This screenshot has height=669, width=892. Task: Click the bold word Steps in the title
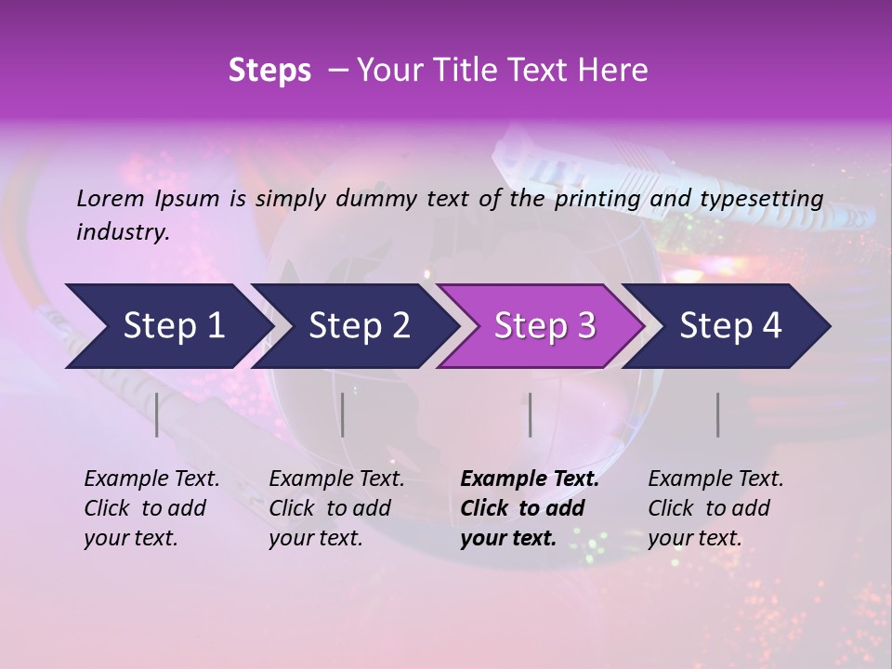pyautogui.click(x=269, y=71)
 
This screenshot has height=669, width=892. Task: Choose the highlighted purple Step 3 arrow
pyautogui.click(x=544, y=325)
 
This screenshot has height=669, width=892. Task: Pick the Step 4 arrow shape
pyautogui.click(x=730, y=325)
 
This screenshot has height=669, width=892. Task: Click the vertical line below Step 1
pyautogui.click(x=157, y=414)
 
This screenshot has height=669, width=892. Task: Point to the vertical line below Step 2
pyautogui.click(x=343, y=414)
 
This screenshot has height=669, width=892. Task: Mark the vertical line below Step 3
pyautogui.click(x=531, y=414)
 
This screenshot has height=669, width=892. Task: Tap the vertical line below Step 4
pyautogui.click(x=718, y=414)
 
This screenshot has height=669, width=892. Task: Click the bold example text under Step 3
pyautogui.click(x=529, y=508)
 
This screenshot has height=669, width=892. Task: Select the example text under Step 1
pyautogui.click(x=151, y=508)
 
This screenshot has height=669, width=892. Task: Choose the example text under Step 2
pyautogui.click(x=336, y=508)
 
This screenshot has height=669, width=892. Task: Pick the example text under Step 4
pyautogui.click(x=715, y=508)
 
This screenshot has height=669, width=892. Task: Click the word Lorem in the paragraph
pyautogui.click(x=111, y=198)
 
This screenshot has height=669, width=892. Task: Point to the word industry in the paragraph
pyautogui.click(x=122, y=232)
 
